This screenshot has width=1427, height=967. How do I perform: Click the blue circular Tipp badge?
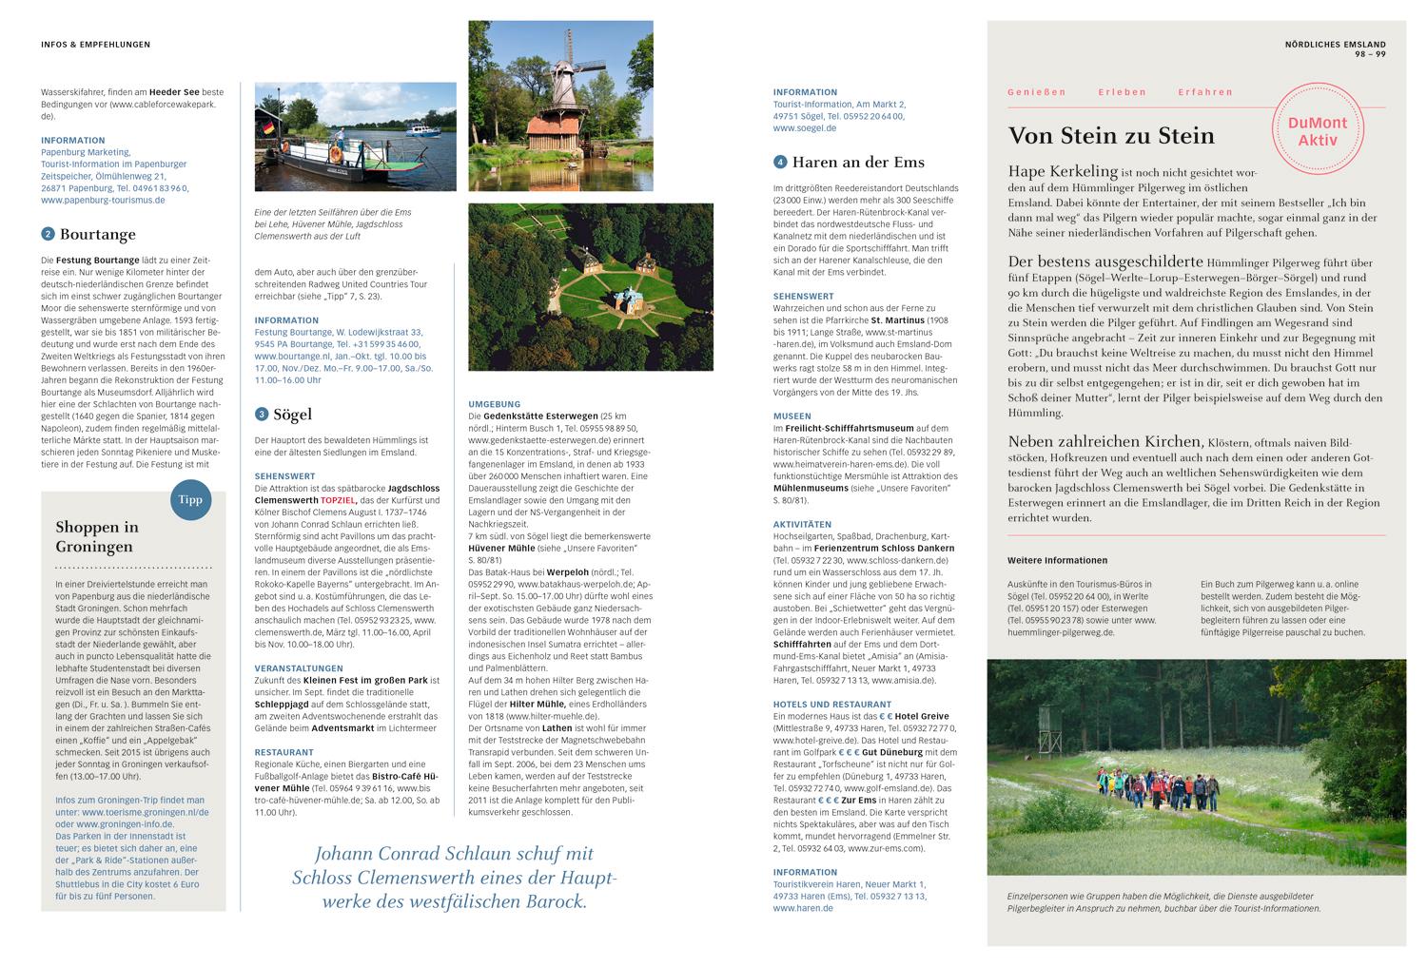pos(190,498)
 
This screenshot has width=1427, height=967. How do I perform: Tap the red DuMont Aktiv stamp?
pos(1318,131)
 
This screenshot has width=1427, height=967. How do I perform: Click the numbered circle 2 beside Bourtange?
pos(48,234)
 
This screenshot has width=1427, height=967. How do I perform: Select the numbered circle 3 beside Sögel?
pos(262,415)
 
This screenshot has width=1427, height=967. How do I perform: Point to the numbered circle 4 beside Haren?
pos(780,162)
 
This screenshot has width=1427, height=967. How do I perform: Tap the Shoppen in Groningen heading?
pos(97,536)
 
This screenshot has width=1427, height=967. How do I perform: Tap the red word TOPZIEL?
pos(340,499)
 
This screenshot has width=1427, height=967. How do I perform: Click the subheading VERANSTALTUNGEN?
pos(299,668)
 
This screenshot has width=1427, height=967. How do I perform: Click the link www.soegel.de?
pos(804,127)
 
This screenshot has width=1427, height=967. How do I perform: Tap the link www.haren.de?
pos(803,908)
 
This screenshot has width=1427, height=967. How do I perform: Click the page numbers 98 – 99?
pos(1370,54)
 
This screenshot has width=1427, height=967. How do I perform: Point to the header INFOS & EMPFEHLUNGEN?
pos(95,45)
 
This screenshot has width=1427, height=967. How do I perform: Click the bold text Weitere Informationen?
pos(1057,561)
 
